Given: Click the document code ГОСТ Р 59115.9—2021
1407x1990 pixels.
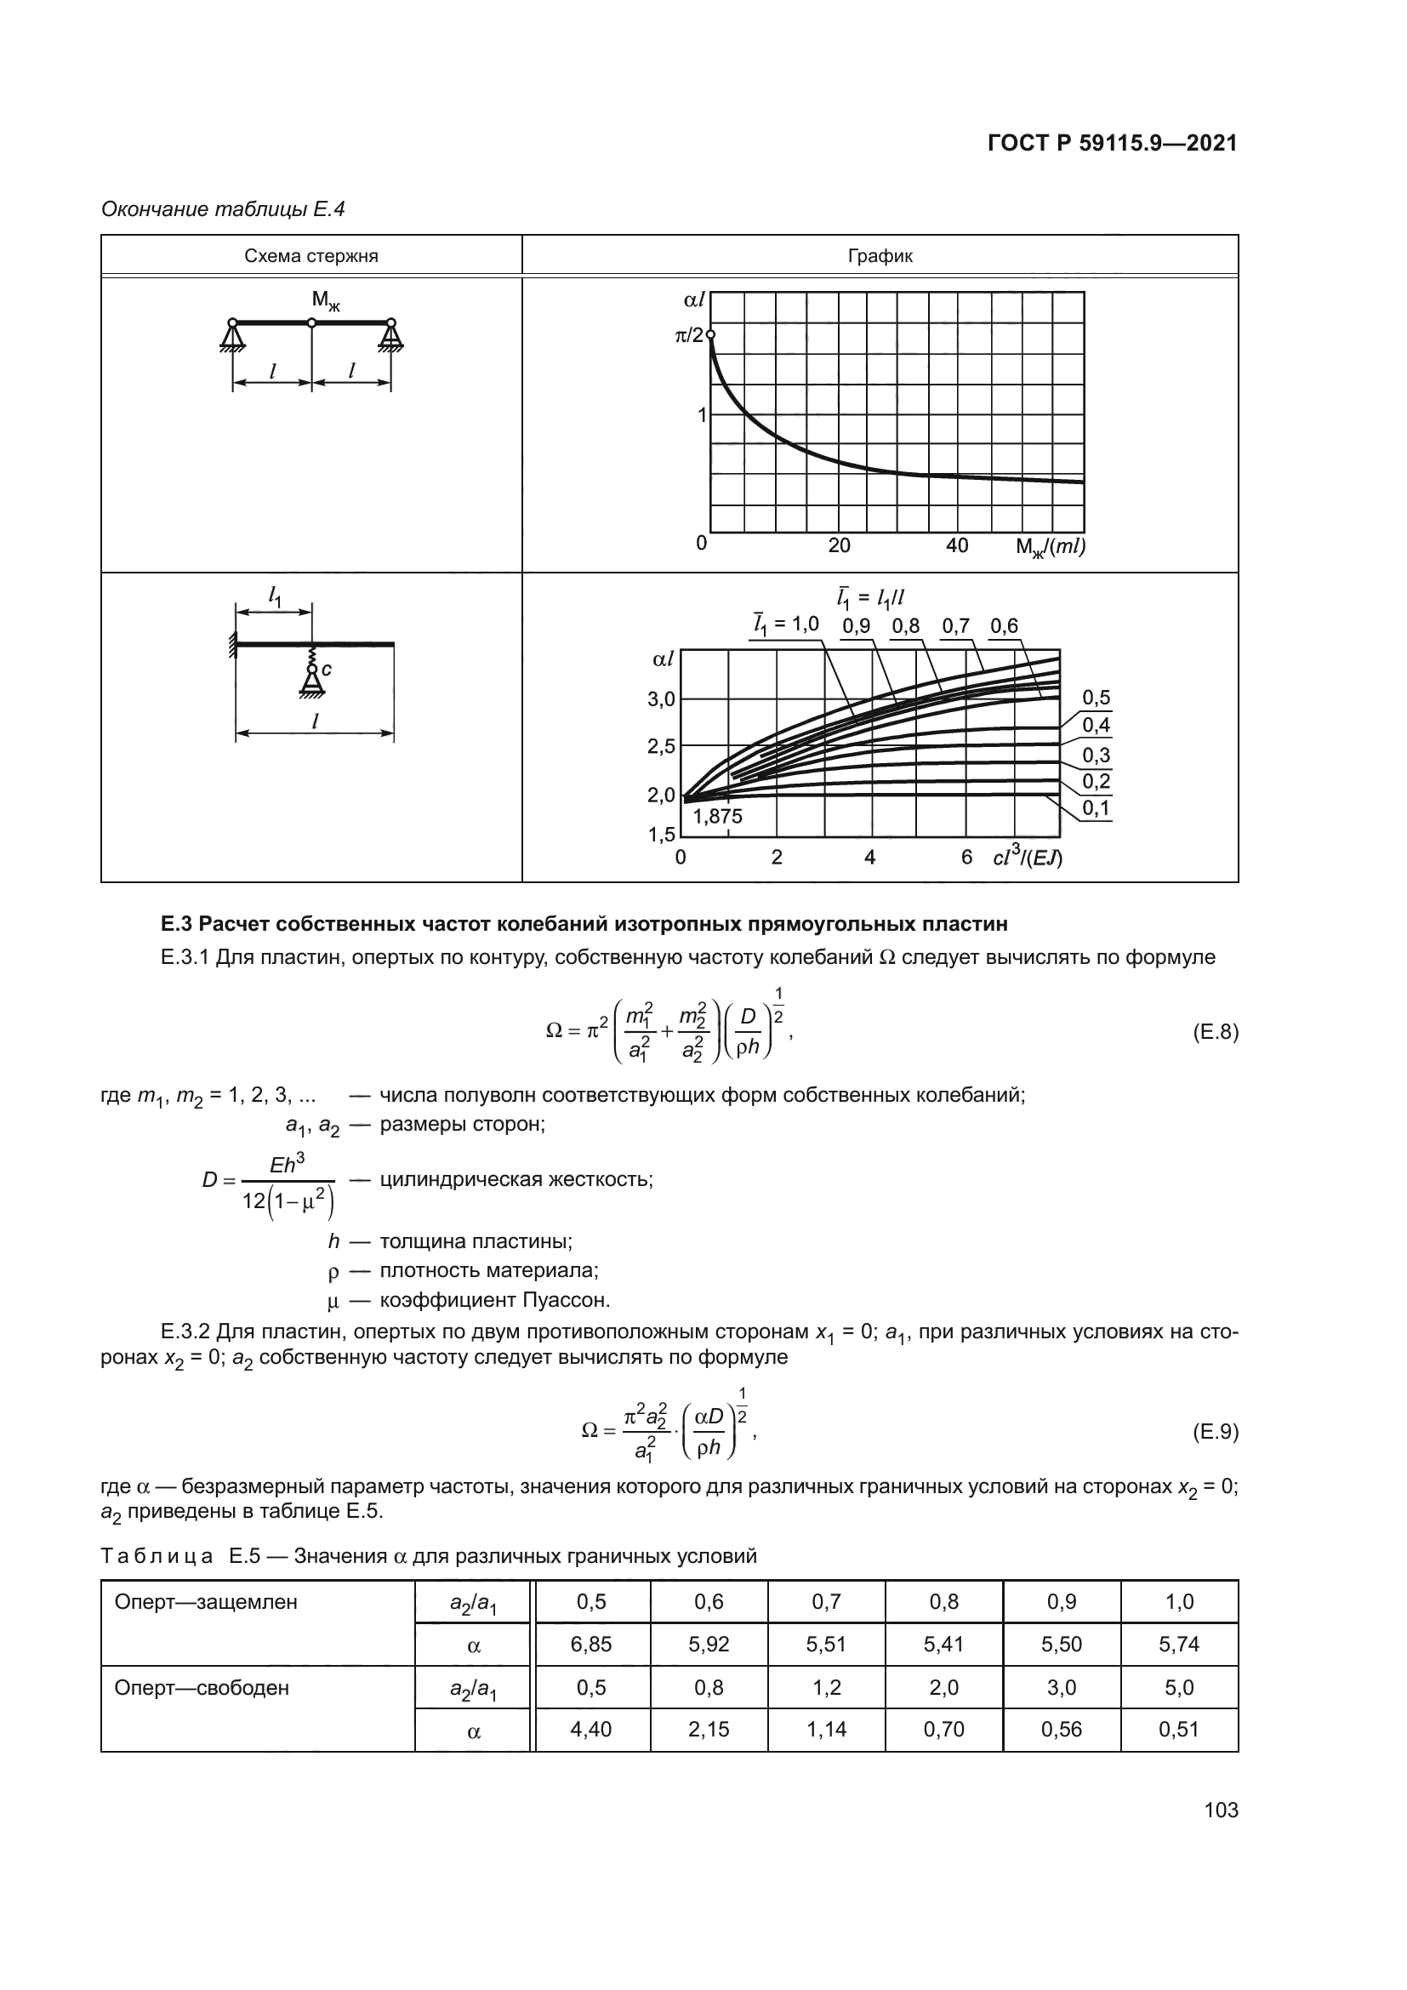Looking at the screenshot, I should [1113, 144].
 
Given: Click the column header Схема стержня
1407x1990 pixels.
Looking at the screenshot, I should [311, 257].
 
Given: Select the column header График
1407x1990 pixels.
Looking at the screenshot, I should [880, 257].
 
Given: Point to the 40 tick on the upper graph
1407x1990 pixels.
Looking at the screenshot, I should [956, 546].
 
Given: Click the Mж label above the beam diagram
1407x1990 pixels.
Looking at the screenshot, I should [326, 300].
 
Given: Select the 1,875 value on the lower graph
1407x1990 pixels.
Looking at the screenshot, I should [717, 816].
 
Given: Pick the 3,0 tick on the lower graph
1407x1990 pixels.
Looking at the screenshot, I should [661, 699].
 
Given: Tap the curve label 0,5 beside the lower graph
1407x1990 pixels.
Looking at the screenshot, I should [1096, 698].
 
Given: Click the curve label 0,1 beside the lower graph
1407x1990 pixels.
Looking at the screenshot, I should [1096, 808].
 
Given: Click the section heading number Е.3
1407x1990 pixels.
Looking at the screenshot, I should [175, 924].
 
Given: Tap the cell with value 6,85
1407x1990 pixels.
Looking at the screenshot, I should [591, 1645].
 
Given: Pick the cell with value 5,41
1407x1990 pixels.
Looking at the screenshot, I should [943, 1645].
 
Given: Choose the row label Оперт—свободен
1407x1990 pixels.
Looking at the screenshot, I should [202, 1687].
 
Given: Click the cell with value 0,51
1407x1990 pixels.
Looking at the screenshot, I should [1179, 1729].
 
